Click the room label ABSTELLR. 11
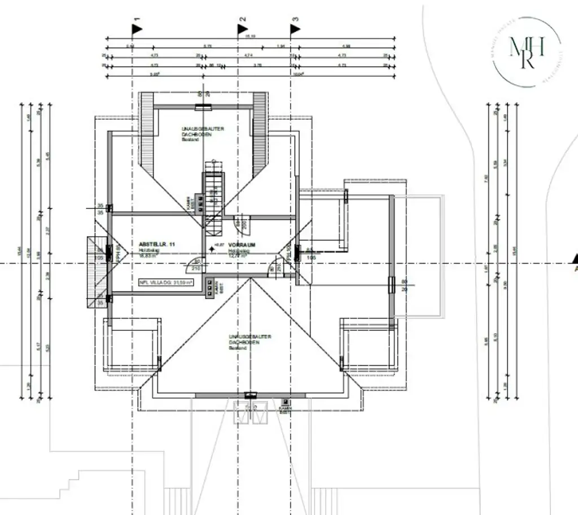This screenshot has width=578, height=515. click(x=157, y=244)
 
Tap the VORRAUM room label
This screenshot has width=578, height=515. click(x=242, y=245)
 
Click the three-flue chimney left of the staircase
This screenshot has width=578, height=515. click(x=198, y=202)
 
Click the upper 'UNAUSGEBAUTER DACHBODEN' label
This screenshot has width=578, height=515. click(x=203, y=132)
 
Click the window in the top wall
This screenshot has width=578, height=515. click(x=203, y=106)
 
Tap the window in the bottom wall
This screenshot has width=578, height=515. click(x=250, y=395)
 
